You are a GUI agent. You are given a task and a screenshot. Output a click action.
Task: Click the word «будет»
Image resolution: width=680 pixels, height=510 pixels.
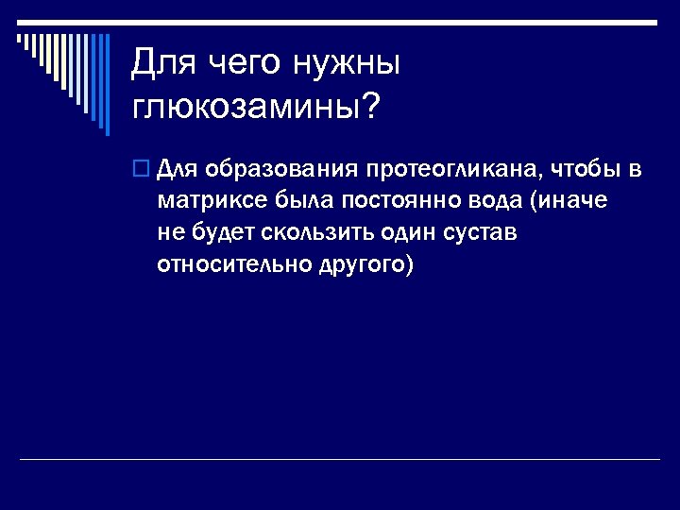223,232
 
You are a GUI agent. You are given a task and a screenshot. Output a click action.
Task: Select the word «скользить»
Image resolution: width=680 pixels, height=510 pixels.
321,232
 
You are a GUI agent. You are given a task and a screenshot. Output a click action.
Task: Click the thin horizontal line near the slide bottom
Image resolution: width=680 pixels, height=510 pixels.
340,460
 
